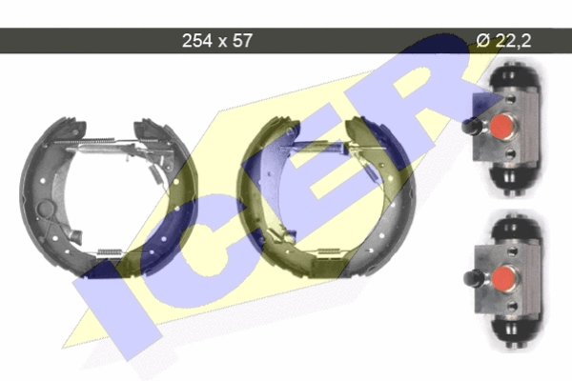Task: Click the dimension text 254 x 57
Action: [217, 40]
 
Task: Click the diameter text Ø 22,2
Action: [503, 40]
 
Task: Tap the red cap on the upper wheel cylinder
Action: [502, 126]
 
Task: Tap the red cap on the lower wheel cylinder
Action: [503, 278]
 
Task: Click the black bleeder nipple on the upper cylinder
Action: [470, 126]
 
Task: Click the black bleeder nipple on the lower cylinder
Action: [472, 278]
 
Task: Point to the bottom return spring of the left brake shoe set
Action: [110, 251]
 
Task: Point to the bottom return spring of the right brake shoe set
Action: [330, 251]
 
